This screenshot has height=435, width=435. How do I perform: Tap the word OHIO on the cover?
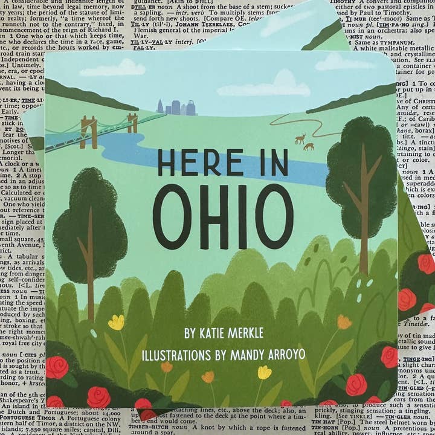222,216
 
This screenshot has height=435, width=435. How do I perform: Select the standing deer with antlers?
300,139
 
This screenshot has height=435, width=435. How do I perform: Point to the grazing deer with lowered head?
309,146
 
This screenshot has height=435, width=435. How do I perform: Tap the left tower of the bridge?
89,131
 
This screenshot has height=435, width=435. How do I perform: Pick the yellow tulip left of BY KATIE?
116,323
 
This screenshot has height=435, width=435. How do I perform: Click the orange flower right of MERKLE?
344,322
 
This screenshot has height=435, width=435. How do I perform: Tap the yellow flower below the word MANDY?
264,373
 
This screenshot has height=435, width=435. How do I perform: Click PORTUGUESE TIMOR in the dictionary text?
28,417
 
